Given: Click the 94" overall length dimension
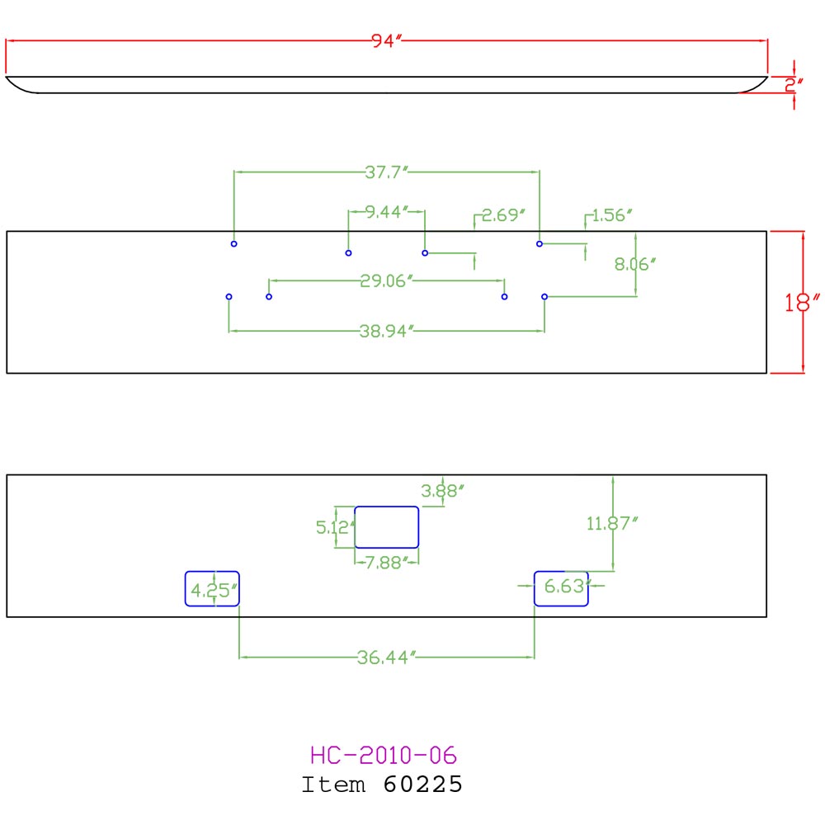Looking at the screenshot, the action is [x=387, y=40].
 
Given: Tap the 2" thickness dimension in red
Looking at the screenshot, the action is [x=794, y=85].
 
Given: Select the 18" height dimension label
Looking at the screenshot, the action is [x=802, y=303].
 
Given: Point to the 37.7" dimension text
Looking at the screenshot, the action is [x=387, y=172].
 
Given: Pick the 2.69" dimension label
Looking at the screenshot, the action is [x=503, y=214].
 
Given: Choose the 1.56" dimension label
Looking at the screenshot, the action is [x=612, y=214].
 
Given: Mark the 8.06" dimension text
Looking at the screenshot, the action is [x=635, y=264].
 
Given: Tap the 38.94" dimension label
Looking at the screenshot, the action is [x=387, y=331].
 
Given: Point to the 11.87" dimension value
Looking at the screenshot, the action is [x=612, y=524].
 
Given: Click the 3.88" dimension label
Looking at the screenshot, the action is [x=442, y=491].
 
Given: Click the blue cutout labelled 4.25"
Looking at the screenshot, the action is [x=212, y=572].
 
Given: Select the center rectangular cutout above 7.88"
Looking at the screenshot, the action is [x=387, y=507].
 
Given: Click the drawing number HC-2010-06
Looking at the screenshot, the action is [x=383, y=756].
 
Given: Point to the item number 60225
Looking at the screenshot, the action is [x=422, y=784].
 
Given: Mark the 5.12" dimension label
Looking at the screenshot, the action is [x=336, y=526].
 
